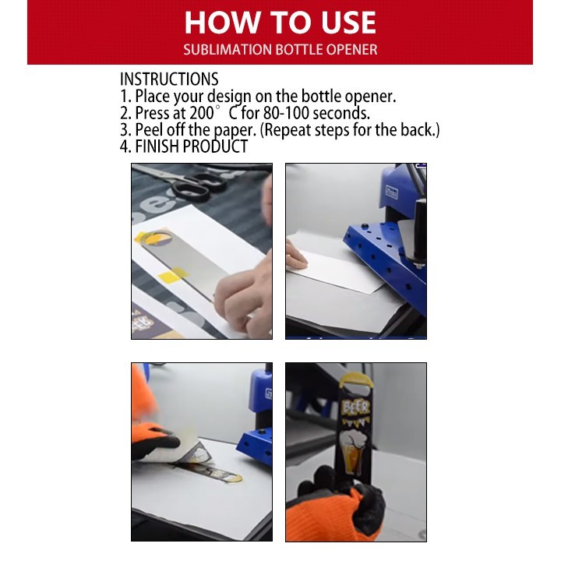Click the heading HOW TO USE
(x=280, y=23)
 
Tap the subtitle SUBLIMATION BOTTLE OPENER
(x=280, y=49)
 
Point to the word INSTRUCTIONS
(x=169, y=79)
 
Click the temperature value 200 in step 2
(x=202, y=113)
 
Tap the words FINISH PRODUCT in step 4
(x=192, y=146)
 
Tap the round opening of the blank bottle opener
(x=157, y=238)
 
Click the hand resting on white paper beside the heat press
(x=295, y=255)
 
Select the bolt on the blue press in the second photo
(x=418, y=265)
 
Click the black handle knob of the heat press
(x=419, y=229)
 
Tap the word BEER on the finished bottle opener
(x=355, y=408)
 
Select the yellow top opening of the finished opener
(x=356, y=381)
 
